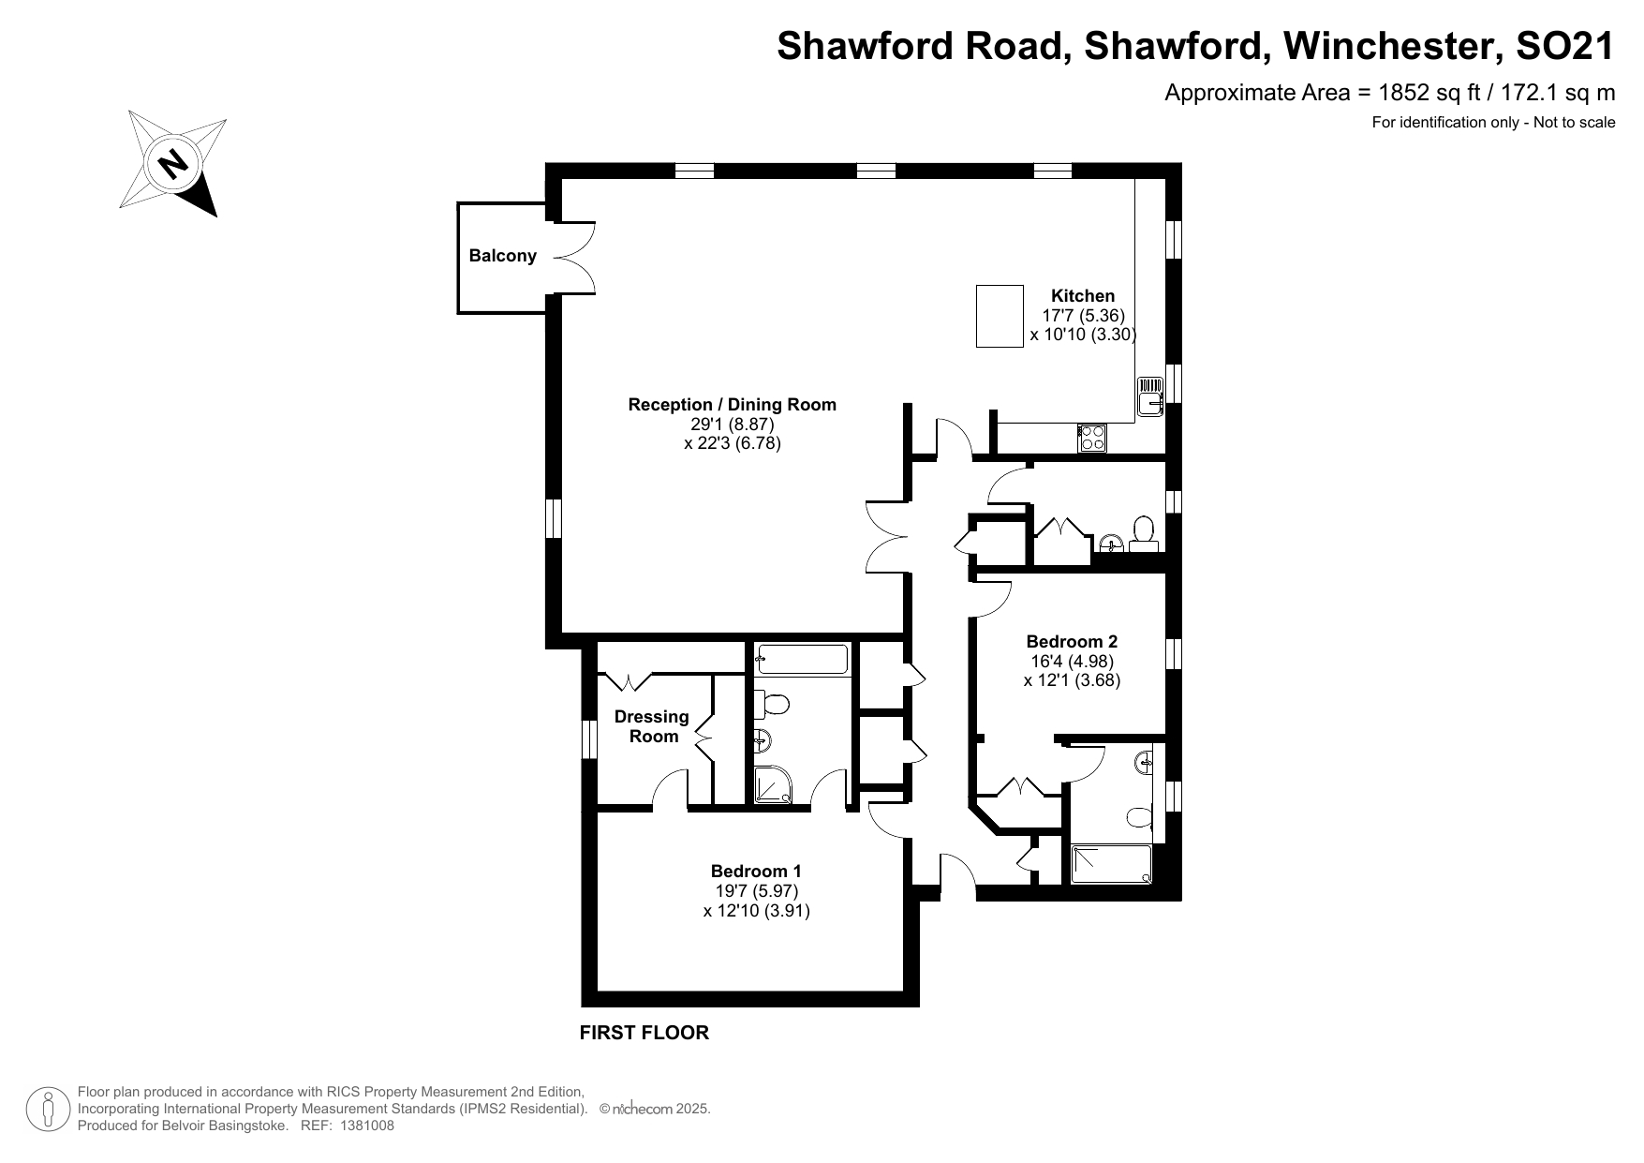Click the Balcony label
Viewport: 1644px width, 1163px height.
502,256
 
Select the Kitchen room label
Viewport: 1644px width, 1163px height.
1083,296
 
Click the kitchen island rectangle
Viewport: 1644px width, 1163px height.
1000,317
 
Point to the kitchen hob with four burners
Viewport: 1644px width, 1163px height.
1092,438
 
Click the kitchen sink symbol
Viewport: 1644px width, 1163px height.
1149,395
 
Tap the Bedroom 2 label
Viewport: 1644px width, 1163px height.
1072,642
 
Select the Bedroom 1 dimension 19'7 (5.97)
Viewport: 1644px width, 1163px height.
756,891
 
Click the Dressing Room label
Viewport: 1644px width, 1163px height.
652,726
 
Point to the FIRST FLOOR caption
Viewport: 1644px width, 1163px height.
644,1033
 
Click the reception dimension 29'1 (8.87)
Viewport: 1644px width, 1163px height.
732,424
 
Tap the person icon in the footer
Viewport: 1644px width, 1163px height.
46,1110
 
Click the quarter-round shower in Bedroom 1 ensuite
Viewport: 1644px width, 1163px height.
774,785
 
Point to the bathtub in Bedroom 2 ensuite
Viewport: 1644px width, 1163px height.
1111,864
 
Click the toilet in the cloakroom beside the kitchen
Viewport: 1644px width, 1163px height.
1143,530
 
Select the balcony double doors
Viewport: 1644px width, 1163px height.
573,257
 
